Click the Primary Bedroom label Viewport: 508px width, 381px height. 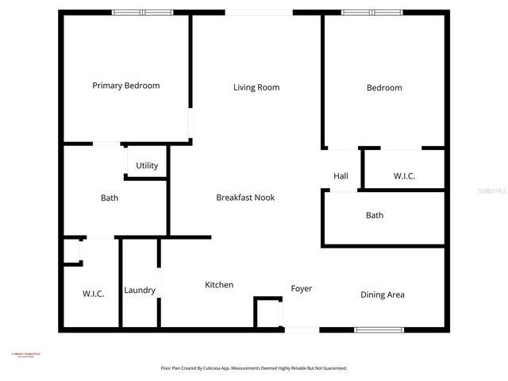pyautogui.click(x=125, y=86)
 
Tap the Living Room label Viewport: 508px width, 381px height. pyautogui.click(x=256, y=87)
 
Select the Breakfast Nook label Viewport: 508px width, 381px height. pyautogui.click(x=245, y=197)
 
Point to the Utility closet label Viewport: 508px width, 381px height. pyautogui.click(x=147, y=166)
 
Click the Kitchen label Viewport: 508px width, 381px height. pyautogui.click(x=219, y=285)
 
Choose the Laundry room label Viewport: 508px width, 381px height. pyautogui.click(x=140, y=291)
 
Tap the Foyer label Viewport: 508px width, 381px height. pyautogui.click(x=302, y=288)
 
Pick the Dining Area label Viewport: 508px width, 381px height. pyautogui.click(x=383, y=294)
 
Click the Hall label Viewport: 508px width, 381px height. pyautogui.click(x=341, y=176)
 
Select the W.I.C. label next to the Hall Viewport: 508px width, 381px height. pyautogui.click(x=404, y=176)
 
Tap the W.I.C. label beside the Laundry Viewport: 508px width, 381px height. pyautogui.click(x=93, y=294)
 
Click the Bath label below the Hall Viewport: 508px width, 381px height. pyautogui.click(x=375, y=215)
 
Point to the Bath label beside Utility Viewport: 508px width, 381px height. pyautogui.click(x=110, y=198)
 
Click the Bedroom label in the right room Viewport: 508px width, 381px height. pyautogui.click(x=384, y=87)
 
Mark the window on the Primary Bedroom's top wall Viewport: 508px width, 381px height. pyautogui.click(x=142, y=13)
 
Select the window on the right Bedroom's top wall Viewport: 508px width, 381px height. pyautogui.click(x=371, y=13)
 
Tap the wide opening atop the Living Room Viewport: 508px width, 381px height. pyautogui.click(x=259, y=13)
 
